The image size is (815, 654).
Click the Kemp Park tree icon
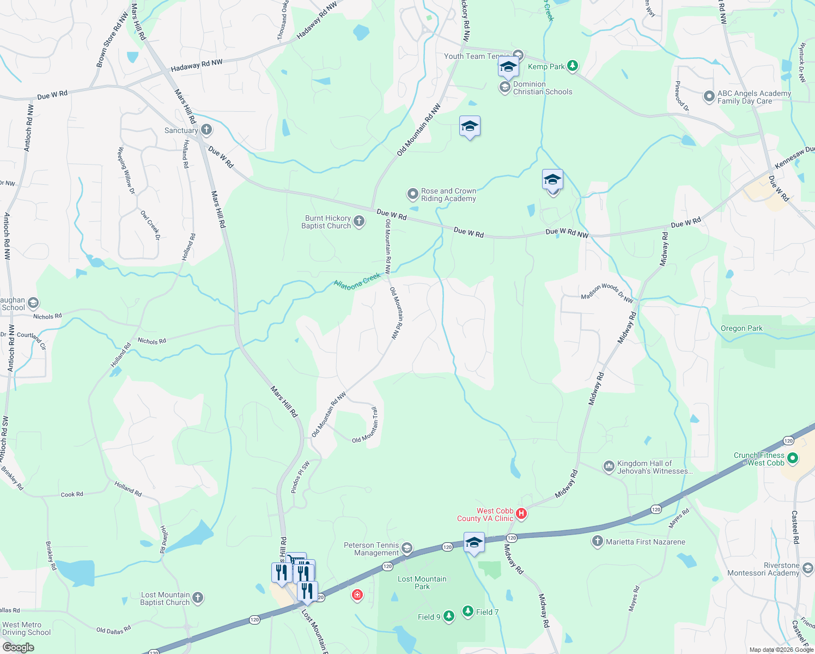[572, 66]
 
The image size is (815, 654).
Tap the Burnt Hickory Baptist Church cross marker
[359, 221]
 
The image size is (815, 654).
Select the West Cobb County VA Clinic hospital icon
[521, 514]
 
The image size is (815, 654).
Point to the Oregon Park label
[741, 328]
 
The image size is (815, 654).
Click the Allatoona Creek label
[357, 281]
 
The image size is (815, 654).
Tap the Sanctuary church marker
[206, 130]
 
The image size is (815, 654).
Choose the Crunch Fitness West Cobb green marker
[793, 459]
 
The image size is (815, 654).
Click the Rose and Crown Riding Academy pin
[413, 194]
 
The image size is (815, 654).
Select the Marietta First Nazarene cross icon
[598, 541]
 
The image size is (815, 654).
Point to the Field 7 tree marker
[468, 611]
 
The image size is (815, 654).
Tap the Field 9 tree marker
[448, 616]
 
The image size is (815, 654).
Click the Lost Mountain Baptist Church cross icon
[198, 598]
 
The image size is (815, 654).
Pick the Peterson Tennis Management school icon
[407, 548]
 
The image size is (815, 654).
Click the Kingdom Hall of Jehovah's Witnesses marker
[609, 467]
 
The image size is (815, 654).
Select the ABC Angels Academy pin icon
[709, 97]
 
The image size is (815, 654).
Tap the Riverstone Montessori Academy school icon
[807, 568]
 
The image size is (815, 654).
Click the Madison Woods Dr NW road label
[607, 293]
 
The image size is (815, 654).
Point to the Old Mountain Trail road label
[366, 426]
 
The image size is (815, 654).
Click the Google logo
[19, 647]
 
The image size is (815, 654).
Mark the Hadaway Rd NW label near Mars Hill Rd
[197, 66]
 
